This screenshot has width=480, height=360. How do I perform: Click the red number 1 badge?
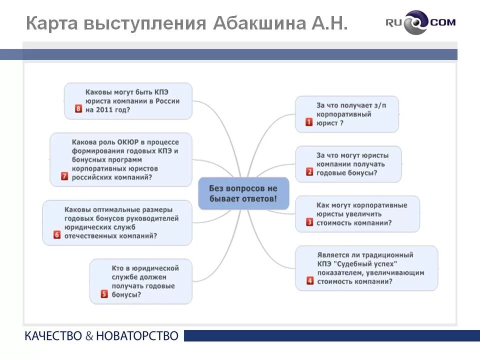(309, 121)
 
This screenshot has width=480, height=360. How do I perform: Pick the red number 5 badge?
(104, 294)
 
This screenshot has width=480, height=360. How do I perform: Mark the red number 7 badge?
(64, 176)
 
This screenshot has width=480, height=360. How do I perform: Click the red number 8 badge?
(78, 109)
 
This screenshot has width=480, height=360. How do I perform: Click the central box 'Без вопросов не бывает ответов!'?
(244, 193)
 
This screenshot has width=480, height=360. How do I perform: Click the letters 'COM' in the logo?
(442, 22)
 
